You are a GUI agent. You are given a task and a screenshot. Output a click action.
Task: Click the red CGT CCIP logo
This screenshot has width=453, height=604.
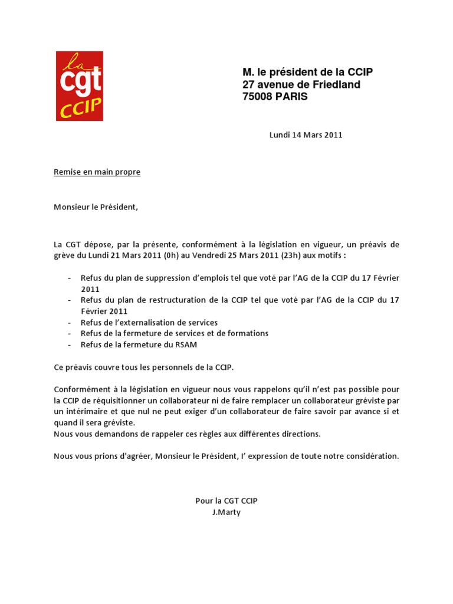click(x=80, y=86)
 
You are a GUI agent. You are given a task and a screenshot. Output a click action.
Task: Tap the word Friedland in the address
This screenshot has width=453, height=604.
click(x=336, y=84)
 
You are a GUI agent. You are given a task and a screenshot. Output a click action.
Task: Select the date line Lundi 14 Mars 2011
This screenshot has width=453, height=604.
click(x=306, y=134)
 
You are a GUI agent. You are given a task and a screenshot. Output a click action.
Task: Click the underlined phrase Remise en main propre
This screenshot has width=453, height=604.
click(x=97, y=172)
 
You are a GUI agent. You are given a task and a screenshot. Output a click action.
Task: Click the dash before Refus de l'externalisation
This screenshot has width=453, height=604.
click(x=70, y=323)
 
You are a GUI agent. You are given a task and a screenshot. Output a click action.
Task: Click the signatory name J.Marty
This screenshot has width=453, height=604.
click(x=226, y=513)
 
